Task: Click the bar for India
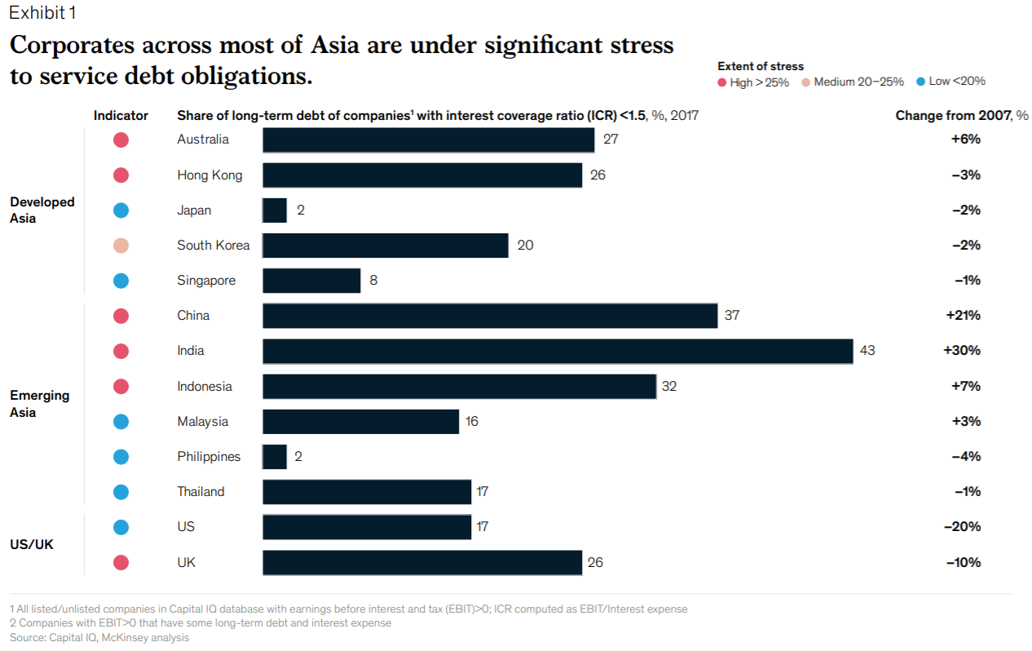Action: [x=558, y=351]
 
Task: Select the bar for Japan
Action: [x=275, y=210]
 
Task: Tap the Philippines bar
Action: [x=275, y=457]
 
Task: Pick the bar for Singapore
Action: [x=311, y=281]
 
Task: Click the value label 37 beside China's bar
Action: [x=731, y=316]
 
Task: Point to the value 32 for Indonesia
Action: [x=668, y=387]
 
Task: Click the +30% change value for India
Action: [x=962, y=351]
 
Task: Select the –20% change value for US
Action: [x=963, y=527]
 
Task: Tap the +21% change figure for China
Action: [x=963, y=316]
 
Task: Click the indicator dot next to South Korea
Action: [x=121, y=246]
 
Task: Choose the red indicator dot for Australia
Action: [x=121, y=139]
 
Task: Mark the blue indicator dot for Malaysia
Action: [x=121, y=422]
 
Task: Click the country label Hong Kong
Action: [x=209, y=175]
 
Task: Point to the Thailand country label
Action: [x=201, y=492]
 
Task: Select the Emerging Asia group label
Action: [x=39, y=404]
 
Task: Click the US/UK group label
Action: [x=32, y=544]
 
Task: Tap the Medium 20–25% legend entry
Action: [x=853, y=82]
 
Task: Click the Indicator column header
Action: [x=121, y=116]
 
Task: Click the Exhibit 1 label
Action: [x=44, y=13]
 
